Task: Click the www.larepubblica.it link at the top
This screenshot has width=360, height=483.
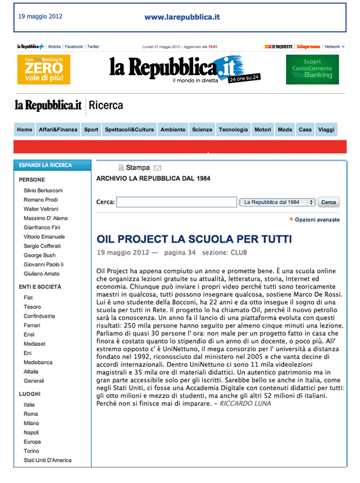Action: (182, 17)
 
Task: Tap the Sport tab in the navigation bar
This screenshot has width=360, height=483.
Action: (91, 130)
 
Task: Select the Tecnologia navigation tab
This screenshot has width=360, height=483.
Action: (233, 130)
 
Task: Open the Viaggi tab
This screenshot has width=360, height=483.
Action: (326, 130)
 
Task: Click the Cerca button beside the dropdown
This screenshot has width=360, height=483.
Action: (329, 202)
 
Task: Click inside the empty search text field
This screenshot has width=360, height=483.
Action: (176, 202)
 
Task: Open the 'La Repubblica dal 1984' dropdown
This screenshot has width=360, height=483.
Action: (277, 202)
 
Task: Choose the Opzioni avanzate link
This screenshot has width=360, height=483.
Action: (317, 220)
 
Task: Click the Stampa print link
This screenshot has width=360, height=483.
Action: (137, 168)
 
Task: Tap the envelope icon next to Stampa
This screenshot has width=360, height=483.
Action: (157, 168)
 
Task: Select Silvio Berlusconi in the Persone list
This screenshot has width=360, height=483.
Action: (43, 190)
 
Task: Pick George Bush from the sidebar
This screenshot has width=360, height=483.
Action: (39, 255)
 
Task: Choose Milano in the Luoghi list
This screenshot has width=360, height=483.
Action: (31, 423)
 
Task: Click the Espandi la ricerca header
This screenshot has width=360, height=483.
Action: (45, 165)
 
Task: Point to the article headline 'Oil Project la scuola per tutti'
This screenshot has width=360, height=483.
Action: (194, 239)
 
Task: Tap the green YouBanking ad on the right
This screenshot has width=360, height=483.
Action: (312, 69)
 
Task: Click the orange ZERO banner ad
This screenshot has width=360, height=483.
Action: (44, 69)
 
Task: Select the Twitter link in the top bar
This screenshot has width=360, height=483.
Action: (93, 46)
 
